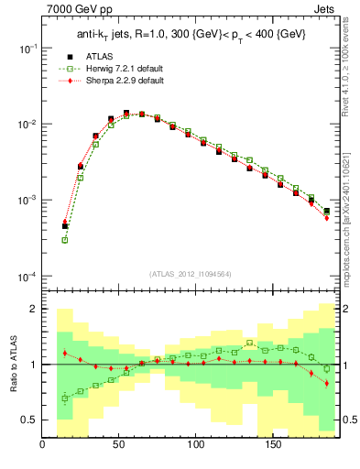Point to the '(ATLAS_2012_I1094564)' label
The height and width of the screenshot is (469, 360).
tap(190, 273)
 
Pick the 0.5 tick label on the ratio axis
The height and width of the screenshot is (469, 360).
tap(28, 420)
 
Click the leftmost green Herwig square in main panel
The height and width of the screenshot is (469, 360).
tap(65, 240)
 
